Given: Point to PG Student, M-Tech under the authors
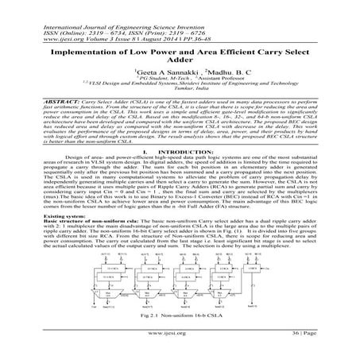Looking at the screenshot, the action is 150,78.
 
